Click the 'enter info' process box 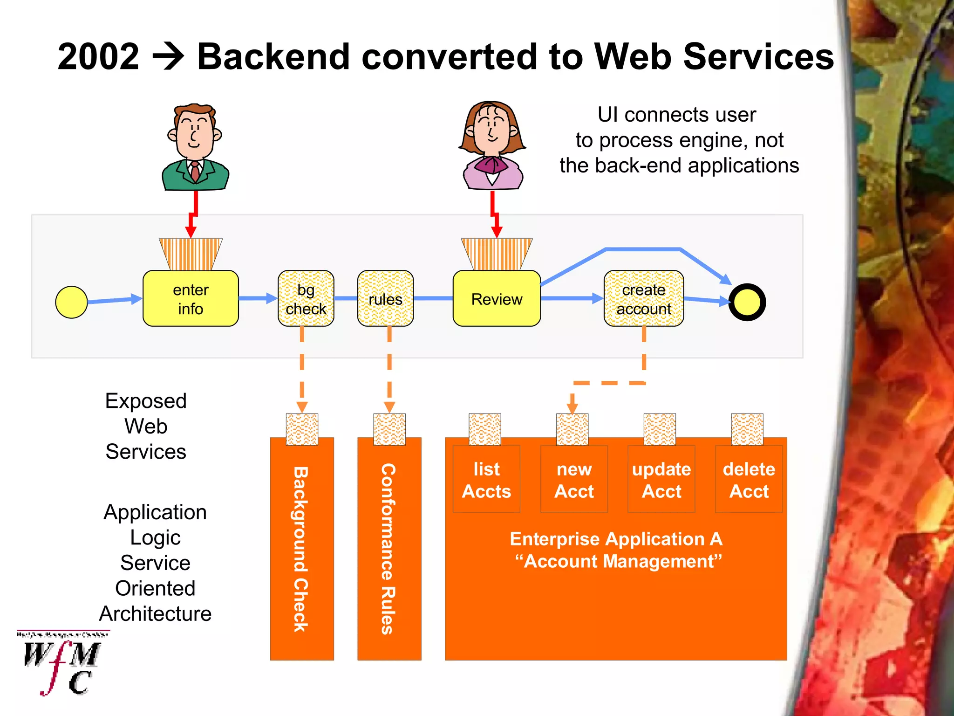191,298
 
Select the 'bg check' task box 306,298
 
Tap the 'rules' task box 385,298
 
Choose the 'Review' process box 497,298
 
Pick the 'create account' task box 643,298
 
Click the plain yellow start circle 71,302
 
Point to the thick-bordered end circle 747,302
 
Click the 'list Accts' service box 486,480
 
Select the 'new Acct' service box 574,480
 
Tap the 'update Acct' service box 661,480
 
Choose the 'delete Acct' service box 749,480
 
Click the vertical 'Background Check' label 301,549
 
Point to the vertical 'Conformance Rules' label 388,549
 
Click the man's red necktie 195,171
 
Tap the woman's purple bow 492,165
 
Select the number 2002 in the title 98,57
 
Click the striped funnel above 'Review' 497,254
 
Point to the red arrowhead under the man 191,232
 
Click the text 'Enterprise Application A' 616,539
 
